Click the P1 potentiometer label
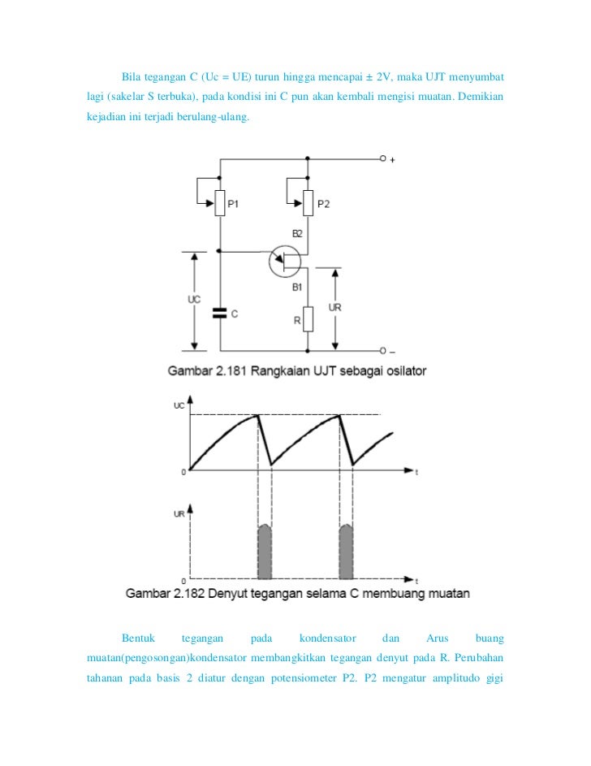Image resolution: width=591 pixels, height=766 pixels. coord(233,204)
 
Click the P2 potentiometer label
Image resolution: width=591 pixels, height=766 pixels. coord(322,204)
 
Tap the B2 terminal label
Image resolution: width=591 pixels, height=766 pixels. coord(297,234)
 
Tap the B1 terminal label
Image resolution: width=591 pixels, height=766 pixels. coord(297,287)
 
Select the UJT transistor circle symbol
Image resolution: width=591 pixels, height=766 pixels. coord(285,260)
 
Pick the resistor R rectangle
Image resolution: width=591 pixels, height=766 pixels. coord(308,319)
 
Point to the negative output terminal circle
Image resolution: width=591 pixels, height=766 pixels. coord(382,352)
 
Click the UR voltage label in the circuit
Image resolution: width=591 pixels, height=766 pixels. coord(334,307)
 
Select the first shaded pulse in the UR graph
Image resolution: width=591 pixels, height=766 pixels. coord(265,550)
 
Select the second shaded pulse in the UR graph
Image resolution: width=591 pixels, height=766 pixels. coord(346,550)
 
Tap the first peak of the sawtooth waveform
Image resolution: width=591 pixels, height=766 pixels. coord(258,415)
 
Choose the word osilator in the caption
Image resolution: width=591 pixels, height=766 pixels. coord(401,370)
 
